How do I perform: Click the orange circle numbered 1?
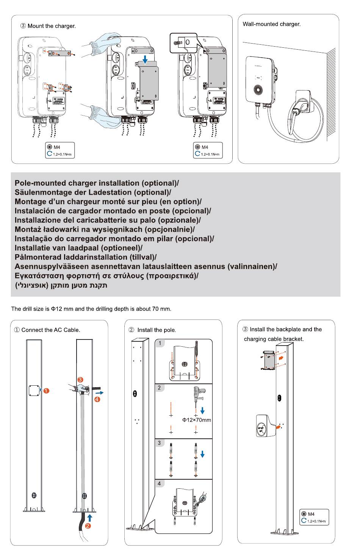click(x=46, y=391)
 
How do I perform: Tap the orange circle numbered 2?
click(x=88, y=526)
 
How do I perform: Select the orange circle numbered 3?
click(x=80, y=380)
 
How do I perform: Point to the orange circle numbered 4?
click(x=97, y=399)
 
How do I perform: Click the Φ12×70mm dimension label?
click(x=196, y=420)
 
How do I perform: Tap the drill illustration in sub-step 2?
click(x=198, y=394)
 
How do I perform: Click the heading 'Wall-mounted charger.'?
click(x=271, y=24)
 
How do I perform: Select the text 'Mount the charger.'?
click(x=52, y=26)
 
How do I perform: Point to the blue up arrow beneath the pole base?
click(x=89, y=518)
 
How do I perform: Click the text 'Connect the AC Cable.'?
click(x=51, y=330)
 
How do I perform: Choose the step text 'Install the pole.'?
click(x=157, y=330)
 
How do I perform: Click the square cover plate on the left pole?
click(x=34, y=391)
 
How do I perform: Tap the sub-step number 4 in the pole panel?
click(x=159, y=484)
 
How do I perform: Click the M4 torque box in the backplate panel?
click(x=314, y=517)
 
